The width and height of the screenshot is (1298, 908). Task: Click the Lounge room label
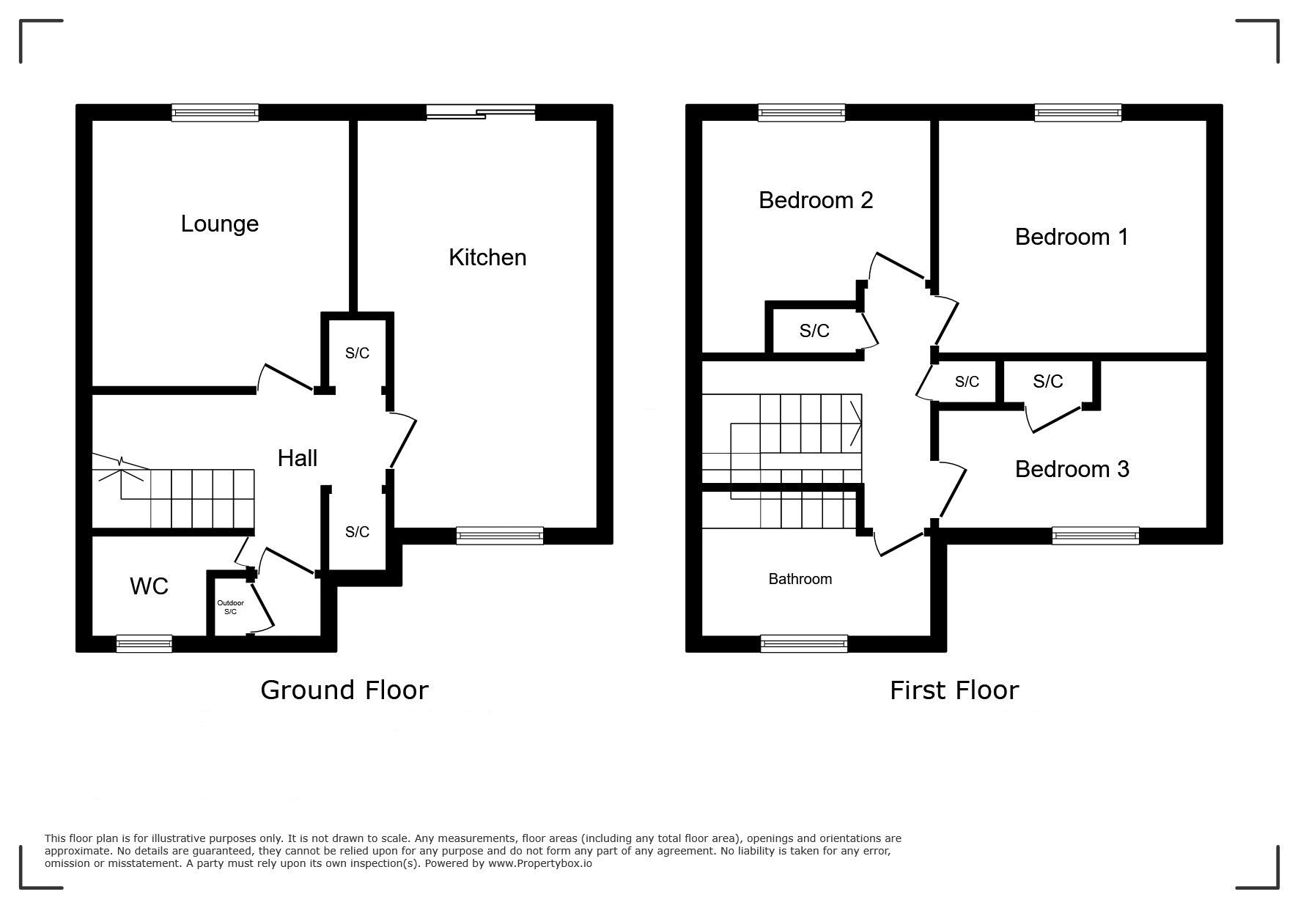pyautogui.click(x=220, y=224)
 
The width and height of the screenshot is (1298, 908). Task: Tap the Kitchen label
pyautogui.click(x=487, y=257)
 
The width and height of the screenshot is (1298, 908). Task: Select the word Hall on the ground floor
pyautogui.click(x=298, y=458)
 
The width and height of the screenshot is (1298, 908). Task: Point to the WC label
pyautogui.click(x=149, y=586)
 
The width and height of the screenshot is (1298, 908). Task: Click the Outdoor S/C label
pyautogui.click(x=230, y=608)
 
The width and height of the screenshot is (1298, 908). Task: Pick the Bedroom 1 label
pyautogui.click(x=1072, y=237)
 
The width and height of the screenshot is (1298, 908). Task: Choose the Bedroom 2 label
pyautogui.click(x=816, y=200)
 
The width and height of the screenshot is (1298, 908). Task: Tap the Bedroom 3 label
pyautogui.click(x=1072, y=469)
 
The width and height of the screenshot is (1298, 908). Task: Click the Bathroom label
pyautogui.click(x=800, y=579)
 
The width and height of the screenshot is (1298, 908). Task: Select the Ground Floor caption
pyautogui.click(x=344, y=690)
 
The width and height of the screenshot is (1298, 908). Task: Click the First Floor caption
pyautogui.click(x=954, y=690)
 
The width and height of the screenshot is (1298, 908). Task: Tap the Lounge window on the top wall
pyautogui.click(x=215, y=112)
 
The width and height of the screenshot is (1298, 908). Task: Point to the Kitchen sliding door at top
pyautogui.click(x=481, y=112)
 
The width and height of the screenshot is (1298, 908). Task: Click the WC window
pyautogui.click(x=144, y=644)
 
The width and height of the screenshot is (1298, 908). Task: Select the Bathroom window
pyautogui.click(x=804, y=644)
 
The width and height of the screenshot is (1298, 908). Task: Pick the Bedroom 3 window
pyautogui.click(x=1096, y=536)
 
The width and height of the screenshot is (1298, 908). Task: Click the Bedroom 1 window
pyautogui.click(x=1078, y=112)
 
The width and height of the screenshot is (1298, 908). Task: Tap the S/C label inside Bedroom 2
pyautogui.click(x=814, y=331)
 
